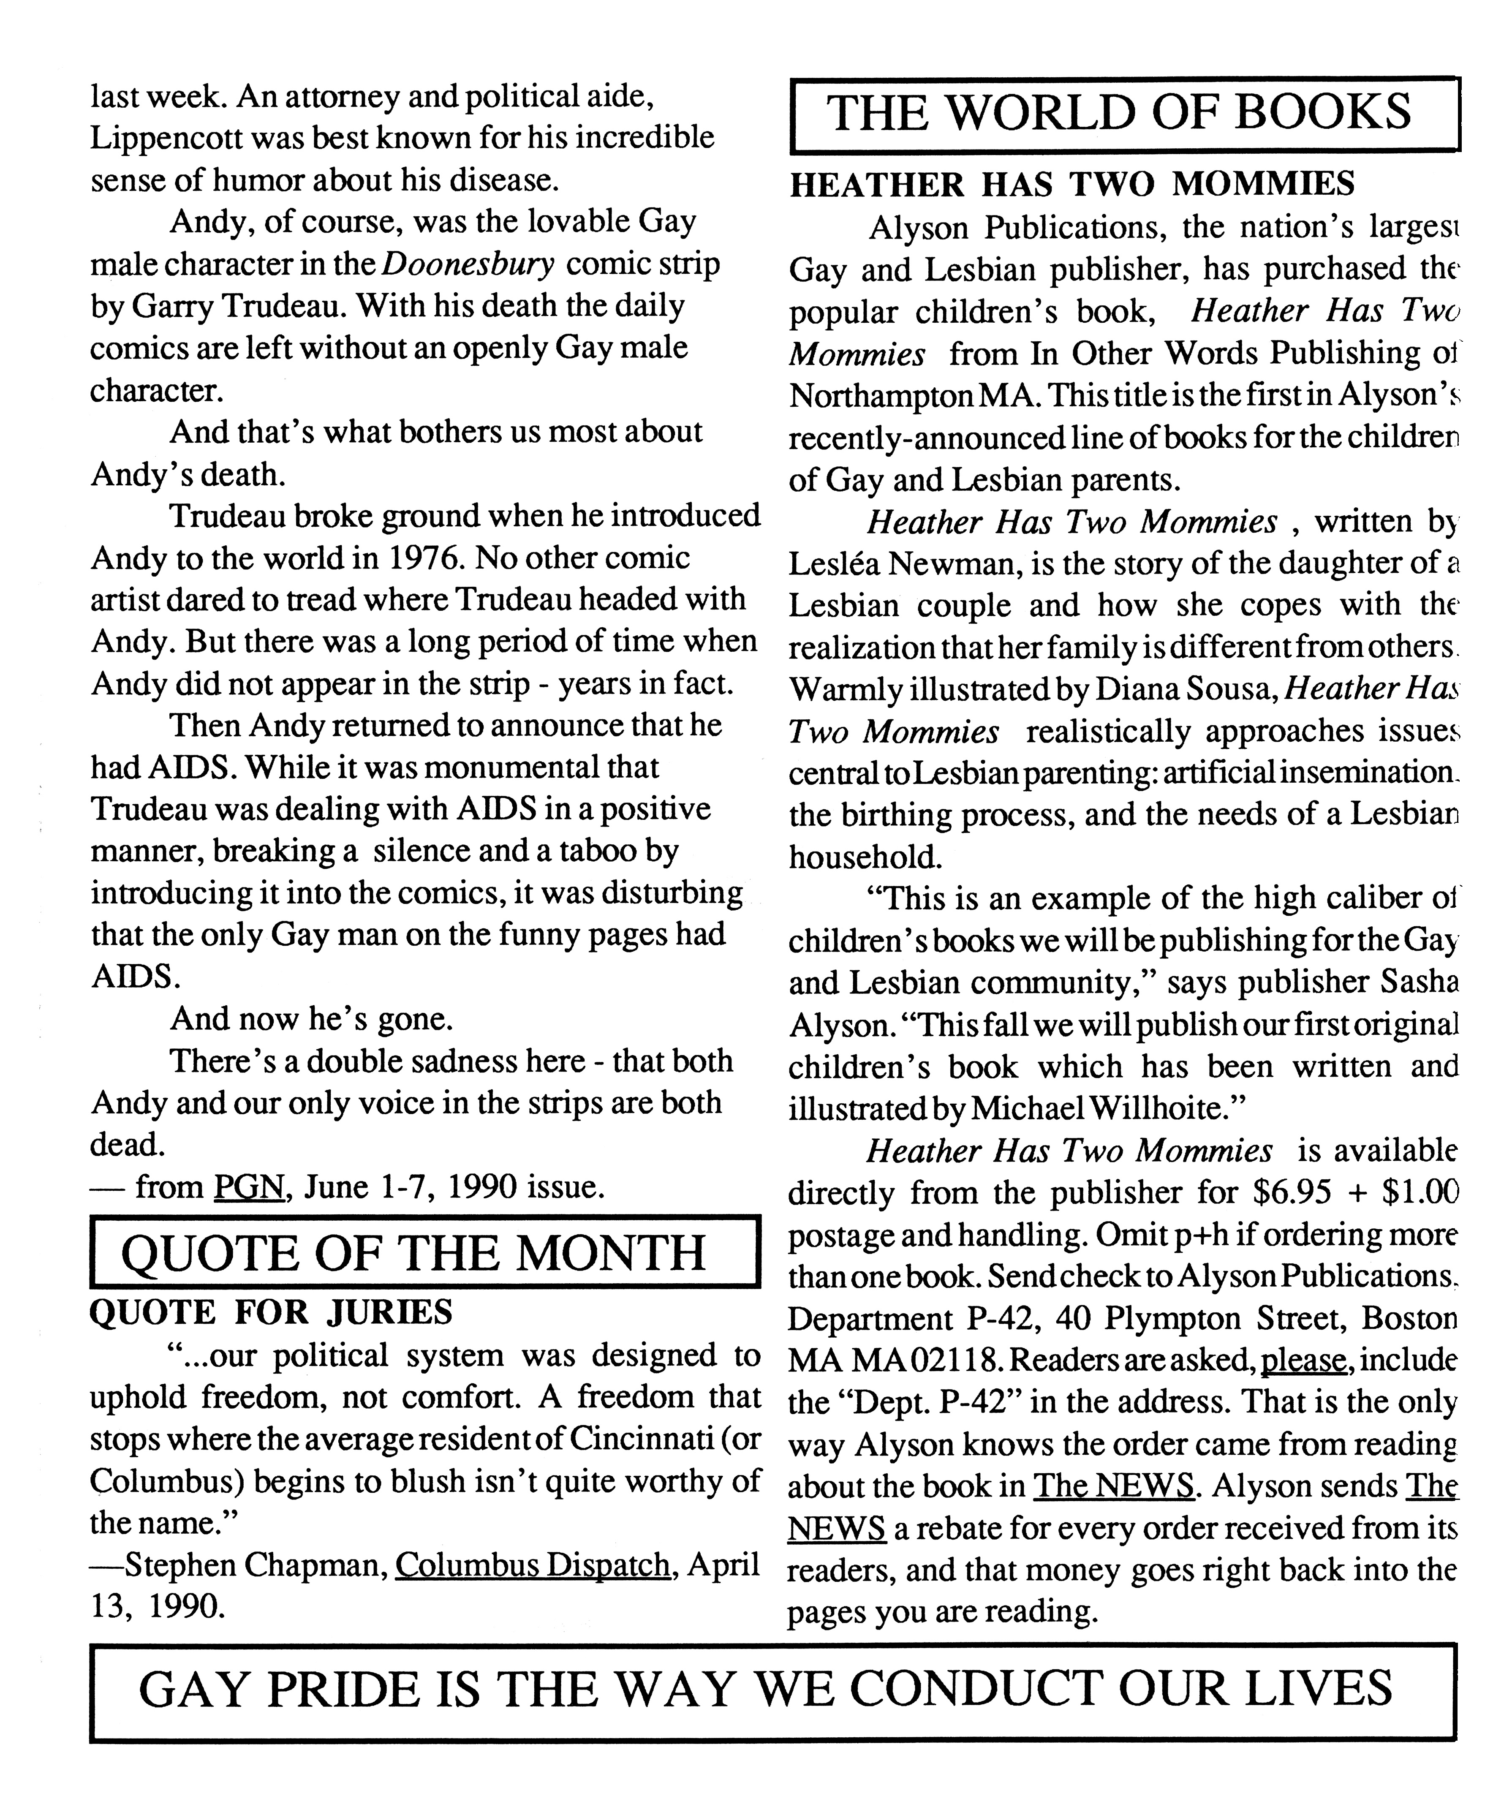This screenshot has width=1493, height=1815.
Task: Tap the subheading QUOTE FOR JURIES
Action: click(x=271, y=1312)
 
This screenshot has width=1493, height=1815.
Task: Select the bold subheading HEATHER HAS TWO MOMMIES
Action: click(x=1071, y=183)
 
